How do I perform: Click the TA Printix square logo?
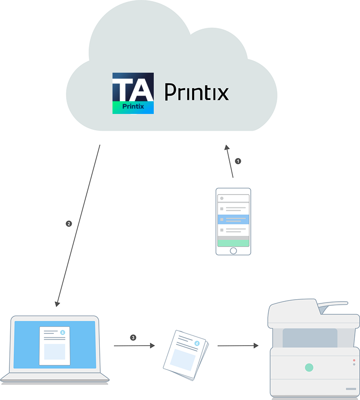pyautogui.click(x=133, y=93)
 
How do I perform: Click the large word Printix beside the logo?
pyautogui.click(x=196, y=92)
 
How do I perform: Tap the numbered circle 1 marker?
pyautogui.click(x=238, y=161)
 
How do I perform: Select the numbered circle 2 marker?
pyautogui.click(x=69, y=224)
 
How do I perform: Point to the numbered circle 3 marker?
pyautogui.click(x=133, y=337)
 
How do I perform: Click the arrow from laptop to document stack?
pyautogui.click(x=134, y=346)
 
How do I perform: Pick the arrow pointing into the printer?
pyautogui.click(x=238, y=346)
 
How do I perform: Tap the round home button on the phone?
pyautogui.click(x=233, y=250)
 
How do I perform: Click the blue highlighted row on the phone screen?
pyautogui.click(x=233, y=219)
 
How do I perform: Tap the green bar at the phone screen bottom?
pyautogui.click(x=233, y=243)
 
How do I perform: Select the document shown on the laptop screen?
pyautogui.click(x=54, y=346)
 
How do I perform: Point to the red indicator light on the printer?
pyautogui.click(x=354, y=360)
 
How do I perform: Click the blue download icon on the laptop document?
pyautogui.click(x=63, y=332)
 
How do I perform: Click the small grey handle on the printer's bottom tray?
pyautogui.click(x=351, y=389)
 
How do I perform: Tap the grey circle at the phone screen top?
pyautogui.click(x=222, y=198)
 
